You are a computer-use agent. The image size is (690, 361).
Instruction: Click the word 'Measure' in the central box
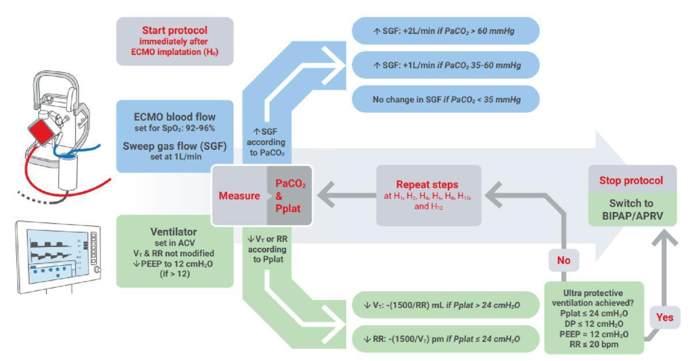click(239, 196)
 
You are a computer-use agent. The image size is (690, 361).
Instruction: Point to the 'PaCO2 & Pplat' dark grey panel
click(290, 196)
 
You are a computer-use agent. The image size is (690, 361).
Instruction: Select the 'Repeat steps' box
click(428, 195)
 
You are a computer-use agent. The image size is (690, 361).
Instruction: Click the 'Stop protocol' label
click(631, 181)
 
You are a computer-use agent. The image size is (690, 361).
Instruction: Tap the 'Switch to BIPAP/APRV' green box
click(631, 210)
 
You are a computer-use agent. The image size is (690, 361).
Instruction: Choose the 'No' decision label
click(563, 260)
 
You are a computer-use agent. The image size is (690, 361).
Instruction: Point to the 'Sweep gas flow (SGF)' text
click(175, 145)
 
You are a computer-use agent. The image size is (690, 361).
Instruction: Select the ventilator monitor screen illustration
click(57, 253)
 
